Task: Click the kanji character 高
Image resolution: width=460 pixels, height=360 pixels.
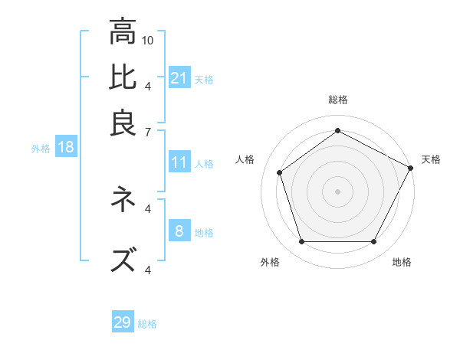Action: click(123, 32)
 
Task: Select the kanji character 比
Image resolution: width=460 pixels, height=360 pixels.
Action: click(123, 77)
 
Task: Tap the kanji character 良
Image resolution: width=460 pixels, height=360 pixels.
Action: click(123, 123)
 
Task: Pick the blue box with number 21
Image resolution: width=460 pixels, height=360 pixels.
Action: click(179, 78)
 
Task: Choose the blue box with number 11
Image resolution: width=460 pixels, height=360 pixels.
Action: click(179, 162)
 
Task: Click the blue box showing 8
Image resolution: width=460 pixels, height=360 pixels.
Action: click(179, 231)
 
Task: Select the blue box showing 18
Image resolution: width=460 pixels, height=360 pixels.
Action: click(65, 148)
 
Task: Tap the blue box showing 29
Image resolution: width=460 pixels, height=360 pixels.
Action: click(123, 322)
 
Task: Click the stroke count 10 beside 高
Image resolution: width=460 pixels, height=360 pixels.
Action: click(148, 39)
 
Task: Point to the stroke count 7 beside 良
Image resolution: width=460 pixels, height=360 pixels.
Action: click(148, 131)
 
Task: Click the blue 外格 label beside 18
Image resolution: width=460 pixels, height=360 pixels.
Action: click(41, 149)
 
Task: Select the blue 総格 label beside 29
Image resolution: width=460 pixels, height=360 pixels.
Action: click(147, 324)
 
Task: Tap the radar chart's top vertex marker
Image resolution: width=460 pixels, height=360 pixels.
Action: click(337, 130)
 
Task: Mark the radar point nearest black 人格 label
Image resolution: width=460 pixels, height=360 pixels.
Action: click(280, 172)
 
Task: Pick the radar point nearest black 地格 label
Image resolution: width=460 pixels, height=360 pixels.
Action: click(373, 241)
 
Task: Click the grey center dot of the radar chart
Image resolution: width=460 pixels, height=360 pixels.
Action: click(337, 191)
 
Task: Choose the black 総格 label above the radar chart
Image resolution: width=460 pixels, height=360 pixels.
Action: click(337, 100)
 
